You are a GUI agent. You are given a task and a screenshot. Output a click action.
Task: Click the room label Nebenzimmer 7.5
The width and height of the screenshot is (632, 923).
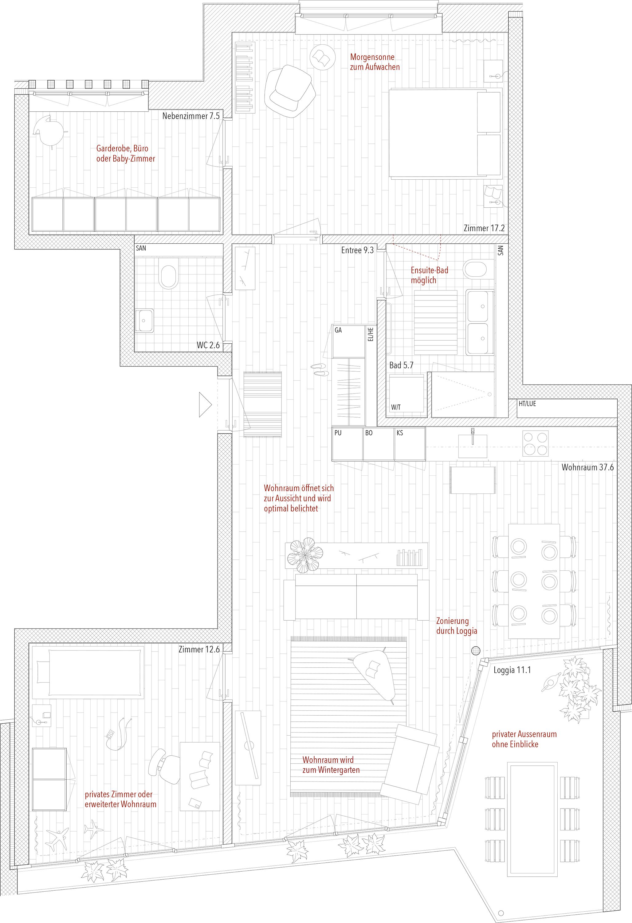click(x=191, y=116)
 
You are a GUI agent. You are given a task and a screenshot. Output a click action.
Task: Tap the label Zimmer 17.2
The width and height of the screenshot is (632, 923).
click(x=484, y=228)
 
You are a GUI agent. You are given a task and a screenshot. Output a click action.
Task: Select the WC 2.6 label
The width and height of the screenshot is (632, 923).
click(x=208, y=345)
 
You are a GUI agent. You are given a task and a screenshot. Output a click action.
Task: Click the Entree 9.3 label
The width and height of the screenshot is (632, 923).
click(x=357, y=250)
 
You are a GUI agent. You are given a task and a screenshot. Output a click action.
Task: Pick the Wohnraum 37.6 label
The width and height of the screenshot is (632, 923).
click(x=587, y=467)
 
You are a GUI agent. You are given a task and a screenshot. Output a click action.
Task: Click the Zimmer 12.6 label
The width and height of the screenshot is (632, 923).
click(x=199, y=649)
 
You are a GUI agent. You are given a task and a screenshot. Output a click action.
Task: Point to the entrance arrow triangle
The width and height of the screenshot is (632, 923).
click(x=206, y=405)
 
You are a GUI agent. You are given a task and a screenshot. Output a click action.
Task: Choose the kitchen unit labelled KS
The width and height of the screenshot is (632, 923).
click(x=410, y=444)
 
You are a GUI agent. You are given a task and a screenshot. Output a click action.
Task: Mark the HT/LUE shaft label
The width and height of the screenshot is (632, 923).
click(x=527, y=404)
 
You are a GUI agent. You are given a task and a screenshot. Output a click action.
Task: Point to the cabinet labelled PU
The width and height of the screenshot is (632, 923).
click(x=348, y=444)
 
